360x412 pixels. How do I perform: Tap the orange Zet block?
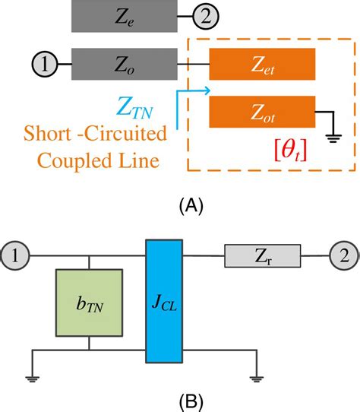[x=262, y=64]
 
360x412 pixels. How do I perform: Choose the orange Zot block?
[x=262, y=112]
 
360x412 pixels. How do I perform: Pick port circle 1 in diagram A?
[x=45, y=64]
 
